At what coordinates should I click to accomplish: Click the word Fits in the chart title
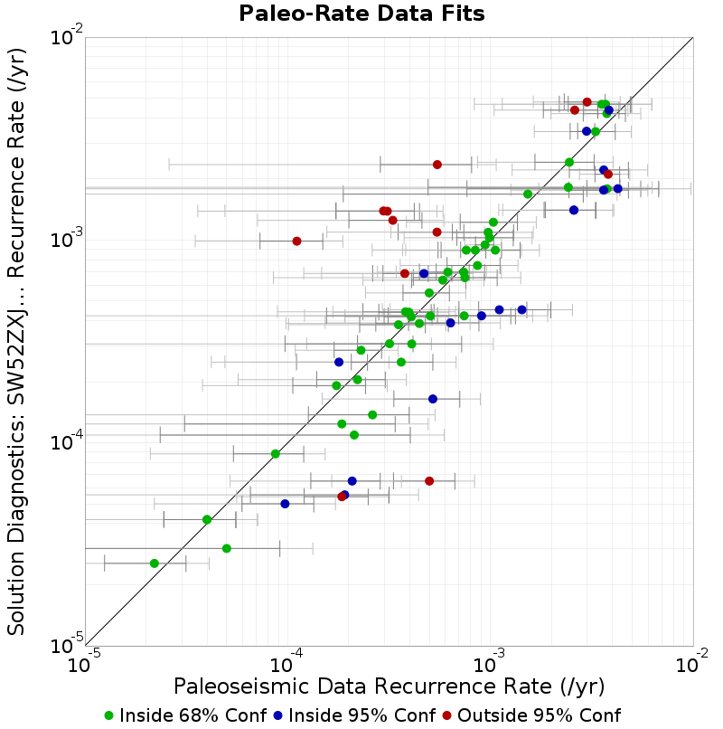pyautogui.click(x=465, y=13)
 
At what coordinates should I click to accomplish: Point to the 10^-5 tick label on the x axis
pyautogui.click(x=84, y=661)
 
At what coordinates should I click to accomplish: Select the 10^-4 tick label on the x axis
pyautogui.click(x=286, y=661)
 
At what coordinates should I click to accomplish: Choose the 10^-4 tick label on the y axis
pyautogui.click(x=67, y=440)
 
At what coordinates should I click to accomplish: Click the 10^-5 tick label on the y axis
pyautogui.click(x=67, y=643)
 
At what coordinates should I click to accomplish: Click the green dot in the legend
pyautogui.click(x=108, y=716)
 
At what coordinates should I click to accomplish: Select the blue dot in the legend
pyautogui.click(x=277, y=716)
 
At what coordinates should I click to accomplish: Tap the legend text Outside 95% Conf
pyautogui.click(x=539, y=715)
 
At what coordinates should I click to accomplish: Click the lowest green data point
pyautogui.click(x=155, y=563)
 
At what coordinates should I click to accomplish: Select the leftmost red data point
pyautogui.click(x=297, y=241)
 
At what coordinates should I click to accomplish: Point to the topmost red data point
pyautogui.click(x=587, y=102)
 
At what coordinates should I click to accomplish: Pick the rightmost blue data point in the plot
pyautogui.click(x=617, y=189)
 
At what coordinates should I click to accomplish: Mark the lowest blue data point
pyautogui.click(x=285, y=504)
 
